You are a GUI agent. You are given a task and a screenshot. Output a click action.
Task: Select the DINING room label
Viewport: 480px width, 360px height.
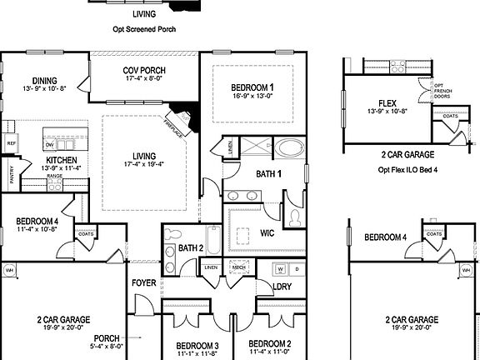click(x=38, y=82)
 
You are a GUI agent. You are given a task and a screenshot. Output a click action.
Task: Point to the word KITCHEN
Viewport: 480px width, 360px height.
click(x=62, y=158)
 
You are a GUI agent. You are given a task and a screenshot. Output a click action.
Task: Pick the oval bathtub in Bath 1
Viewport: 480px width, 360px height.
click(x=290, y=151)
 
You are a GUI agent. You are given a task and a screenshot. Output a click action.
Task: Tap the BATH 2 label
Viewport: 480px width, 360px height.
click(x=192, y=248)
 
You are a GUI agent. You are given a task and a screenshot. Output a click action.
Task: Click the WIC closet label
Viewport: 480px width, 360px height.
click(x=267, y=232)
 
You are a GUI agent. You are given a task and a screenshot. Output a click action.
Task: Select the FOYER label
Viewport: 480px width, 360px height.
click(x=144, y=283)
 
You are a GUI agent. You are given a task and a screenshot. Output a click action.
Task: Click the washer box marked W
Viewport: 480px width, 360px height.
click(x=280, y=270)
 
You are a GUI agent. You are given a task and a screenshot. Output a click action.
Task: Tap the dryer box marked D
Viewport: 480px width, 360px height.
click(x=296, y=270)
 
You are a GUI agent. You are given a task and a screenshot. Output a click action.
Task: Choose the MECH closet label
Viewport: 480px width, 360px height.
click(x=237, y=267)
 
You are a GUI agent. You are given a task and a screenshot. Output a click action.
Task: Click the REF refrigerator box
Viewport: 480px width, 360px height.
click(x=11, y=143)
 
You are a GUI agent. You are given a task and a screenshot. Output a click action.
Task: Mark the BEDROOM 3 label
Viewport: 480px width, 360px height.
click(x=197, y=345)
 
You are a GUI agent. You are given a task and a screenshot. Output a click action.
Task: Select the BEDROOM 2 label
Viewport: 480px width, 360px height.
click(x=269, y=343)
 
